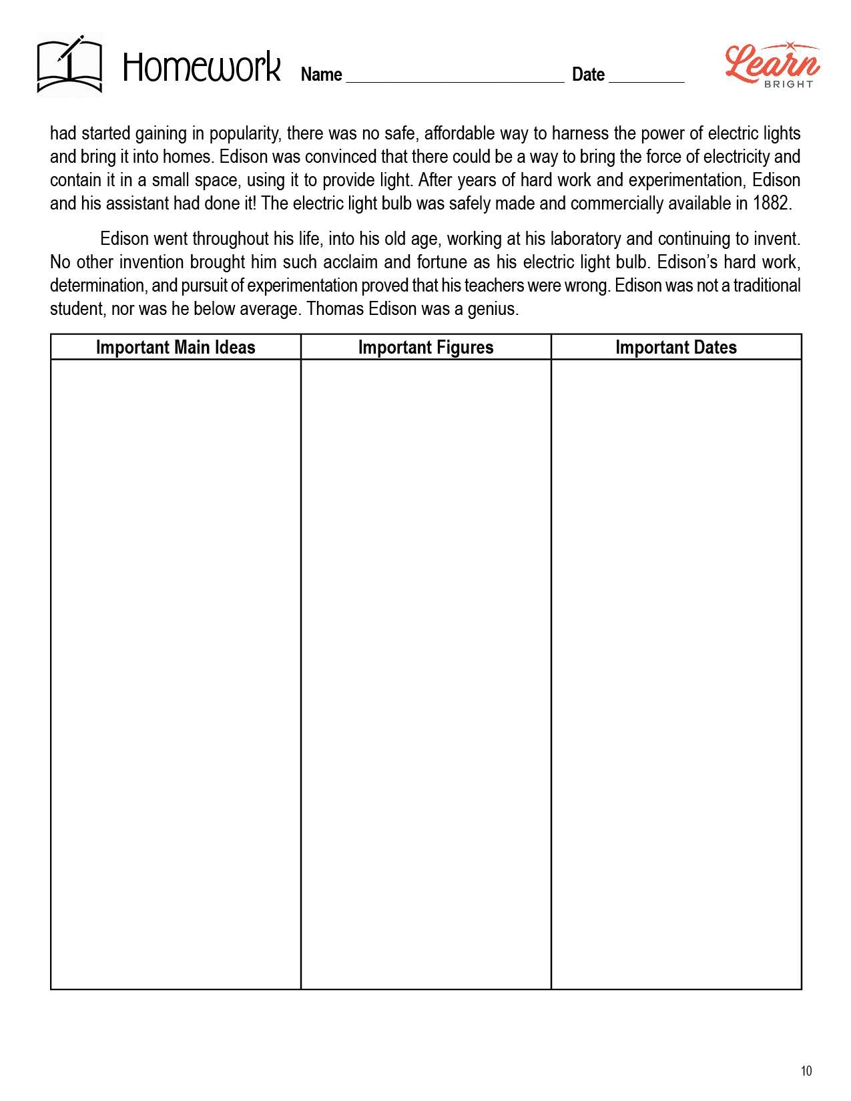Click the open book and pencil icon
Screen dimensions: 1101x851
click(x=69, y=65)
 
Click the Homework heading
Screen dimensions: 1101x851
click(x=202, y=68)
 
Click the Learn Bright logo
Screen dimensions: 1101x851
click(x=772, y=65)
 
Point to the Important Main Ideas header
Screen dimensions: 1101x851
click(x=176, y=347)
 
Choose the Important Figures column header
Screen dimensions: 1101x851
click(x=426, y=347)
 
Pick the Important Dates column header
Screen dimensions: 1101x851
click(x=675, y=347)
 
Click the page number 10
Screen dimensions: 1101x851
click(x=806, y=1071)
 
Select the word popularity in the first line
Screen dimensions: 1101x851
click(x=245, y=133)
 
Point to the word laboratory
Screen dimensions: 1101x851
click(x=585, y=238)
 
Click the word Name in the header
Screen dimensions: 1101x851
click(x=321, y=74)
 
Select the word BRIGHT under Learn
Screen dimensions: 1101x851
click(x=788, y=84)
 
